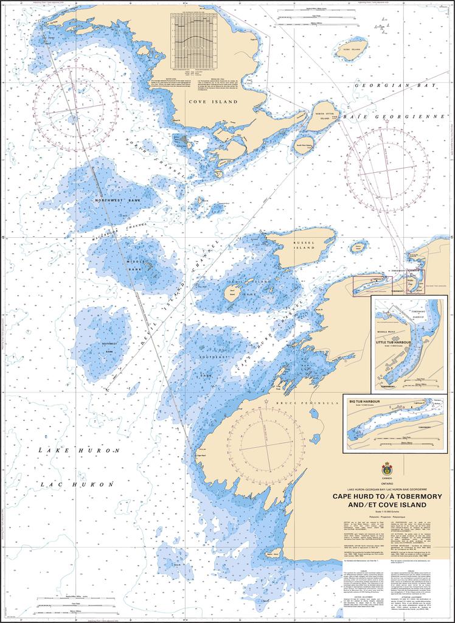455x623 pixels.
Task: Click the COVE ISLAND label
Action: [212, 102]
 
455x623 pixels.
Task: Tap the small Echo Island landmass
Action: [351, 49]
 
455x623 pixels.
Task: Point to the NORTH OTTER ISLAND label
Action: [324, 115]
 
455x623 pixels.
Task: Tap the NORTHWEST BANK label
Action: [117, 200]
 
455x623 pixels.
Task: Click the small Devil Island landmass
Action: [232, 293]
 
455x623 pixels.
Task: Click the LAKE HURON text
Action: [77, 450]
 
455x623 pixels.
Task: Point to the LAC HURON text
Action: [77, 485]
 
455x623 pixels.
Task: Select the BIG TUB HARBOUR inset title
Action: [366, 402]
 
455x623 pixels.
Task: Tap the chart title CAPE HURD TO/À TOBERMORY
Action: [386, 496]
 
